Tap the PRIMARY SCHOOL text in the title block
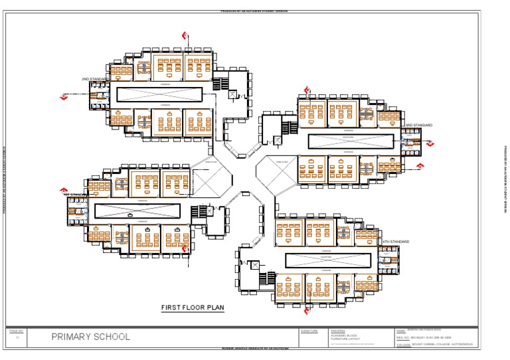click(x=91, y=337)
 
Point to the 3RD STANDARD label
click(x=419, y=125)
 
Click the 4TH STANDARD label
click(x=394, y=241)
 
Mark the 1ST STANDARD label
click(x=76, y=195)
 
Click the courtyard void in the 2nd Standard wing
click(x=159, y=94)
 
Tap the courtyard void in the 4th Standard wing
click(x=327, y=260)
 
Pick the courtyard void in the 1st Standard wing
click(x=137, y=211)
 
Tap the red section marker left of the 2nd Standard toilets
click(x=64, y=97)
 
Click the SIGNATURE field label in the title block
click(x=309, y=330)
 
